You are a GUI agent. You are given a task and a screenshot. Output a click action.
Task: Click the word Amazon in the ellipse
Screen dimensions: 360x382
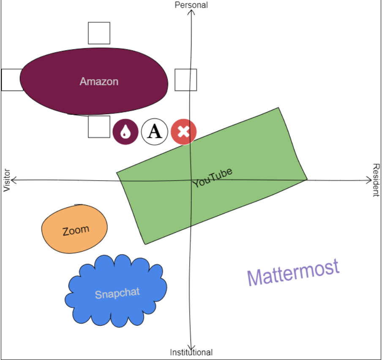point(99,81)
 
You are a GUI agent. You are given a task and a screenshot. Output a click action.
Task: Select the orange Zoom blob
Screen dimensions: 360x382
point(75,230)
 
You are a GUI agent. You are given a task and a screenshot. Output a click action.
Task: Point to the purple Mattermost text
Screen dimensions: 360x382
point(293,272)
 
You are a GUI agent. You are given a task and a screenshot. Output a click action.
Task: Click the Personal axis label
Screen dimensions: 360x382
point(191,5)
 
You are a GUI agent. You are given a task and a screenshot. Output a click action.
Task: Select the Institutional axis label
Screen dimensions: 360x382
point(191,352)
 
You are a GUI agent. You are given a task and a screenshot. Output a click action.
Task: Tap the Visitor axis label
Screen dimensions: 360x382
point(6,180)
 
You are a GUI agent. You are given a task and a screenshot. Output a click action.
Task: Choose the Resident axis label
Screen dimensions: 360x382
point(376,180)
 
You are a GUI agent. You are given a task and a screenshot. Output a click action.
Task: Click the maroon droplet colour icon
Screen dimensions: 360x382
point(125,132)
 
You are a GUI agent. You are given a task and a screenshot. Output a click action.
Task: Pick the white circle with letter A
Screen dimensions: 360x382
point(154,132)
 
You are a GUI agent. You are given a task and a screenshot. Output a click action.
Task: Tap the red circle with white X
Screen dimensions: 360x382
point(183,132)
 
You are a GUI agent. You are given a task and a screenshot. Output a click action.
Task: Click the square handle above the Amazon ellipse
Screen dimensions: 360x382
point(99,33)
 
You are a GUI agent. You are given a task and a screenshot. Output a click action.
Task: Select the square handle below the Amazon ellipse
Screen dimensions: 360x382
point(99,126)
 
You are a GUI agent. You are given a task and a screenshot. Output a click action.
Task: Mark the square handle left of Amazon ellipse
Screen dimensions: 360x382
point(12,80)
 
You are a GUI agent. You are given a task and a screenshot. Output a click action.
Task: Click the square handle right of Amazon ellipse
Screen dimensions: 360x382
point(186,80)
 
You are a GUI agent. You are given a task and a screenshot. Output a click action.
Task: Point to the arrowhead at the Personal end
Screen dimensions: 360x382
point(192,12)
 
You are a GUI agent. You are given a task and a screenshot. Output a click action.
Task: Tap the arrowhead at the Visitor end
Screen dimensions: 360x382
point(14,181)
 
